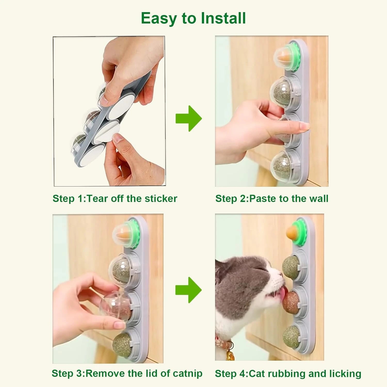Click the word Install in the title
point(223,18)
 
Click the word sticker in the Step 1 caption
point(161,199)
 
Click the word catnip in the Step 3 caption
point(187,373)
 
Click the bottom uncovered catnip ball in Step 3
point(122,344)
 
